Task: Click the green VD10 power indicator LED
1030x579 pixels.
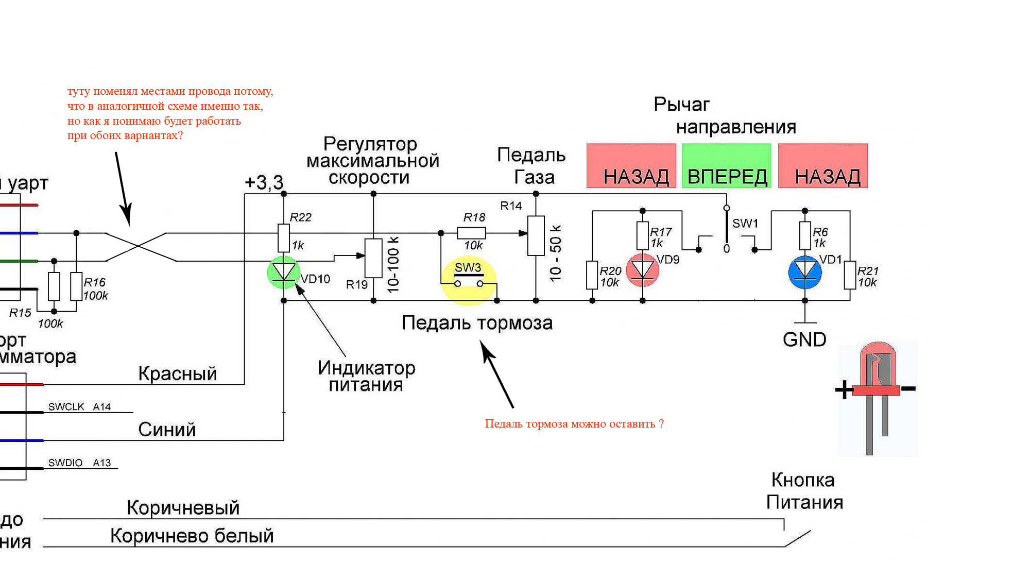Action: tap(283, 272)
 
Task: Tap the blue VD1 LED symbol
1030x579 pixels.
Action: tap(805, 271)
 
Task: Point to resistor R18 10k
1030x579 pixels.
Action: tap(471, 233)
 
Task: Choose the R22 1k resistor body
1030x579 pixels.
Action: tap(283, 237)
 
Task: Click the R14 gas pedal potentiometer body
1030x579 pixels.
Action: tap(536, 236)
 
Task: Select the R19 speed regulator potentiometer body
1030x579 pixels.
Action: tap(373, 258)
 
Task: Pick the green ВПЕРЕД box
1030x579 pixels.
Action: tap(727, 166)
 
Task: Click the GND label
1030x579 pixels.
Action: tap(804, 339)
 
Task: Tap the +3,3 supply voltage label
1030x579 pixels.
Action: tap(264, 182)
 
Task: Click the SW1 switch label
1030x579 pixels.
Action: tap(745, 224)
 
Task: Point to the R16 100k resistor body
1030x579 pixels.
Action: tap(76, 286)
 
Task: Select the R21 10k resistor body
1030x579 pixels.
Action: tap(850, 275)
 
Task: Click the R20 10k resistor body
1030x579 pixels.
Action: tap(592, 275)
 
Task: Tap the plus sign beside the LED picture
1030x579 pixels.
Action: tap(844, 389)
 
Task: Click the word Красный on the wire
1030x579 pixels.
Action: tap(177, 373)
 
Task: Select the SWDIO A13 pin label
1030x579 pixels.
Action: tap(79, 463)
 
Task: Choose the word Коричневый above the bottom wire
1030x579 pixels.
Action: tap(183, 508)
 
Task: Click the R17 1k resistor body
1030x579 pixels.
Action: tap(642, 235)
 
